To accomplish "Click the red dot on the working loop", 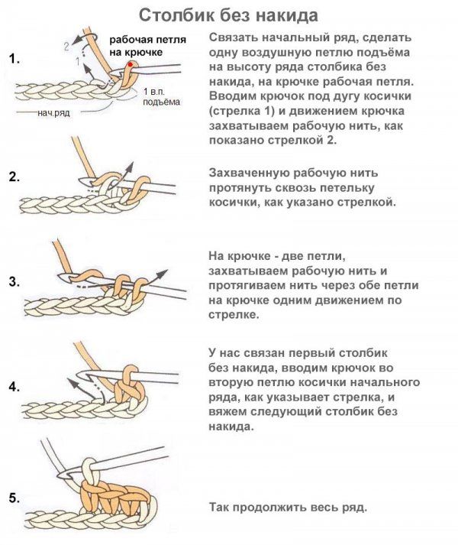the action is click(x=131, y=64).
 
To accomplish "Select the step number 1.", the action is click(x=14, y=59).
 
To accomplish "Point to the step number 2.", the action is click(x=15, y=177).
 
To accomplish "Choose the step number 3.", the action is click(x=15, y=282).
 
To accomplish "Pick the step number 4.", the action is click(x=15, y=387).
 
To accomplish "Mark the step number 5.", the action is click(x=15, y=498).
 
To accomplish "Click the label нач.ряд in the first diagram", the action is click(x=53, y=113).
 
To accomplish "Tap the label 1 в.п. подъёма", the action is click(x=162, y=96).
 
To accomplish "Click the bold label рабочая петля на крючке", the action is click(x=148, y=46).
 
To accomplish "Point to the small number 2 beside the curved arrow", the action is click(x=67, y=46).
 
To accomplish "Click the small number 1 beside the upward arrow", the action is click(x=78, y=61).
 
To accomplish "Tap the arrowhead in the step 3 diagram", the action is click(x=162, y=274).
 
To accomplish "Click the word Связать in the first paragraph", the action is click(x=232, y=37).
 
